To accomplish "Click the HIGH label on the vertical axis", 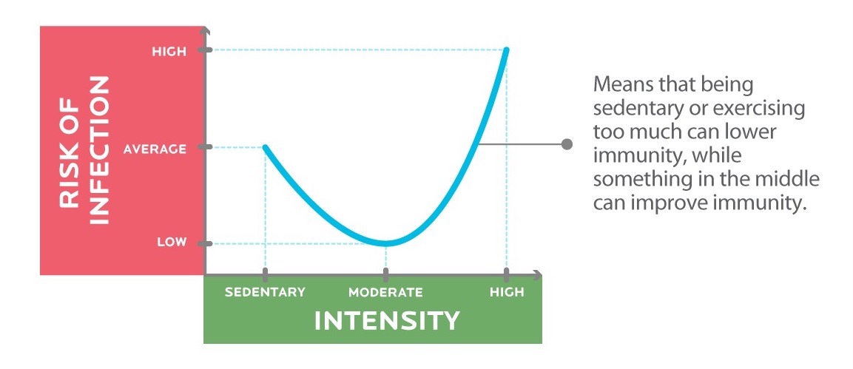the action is coord(169,52).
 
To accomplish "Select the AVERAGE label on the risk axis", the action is coord(155,149).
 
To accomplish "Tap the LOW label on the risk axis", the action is coord(172,243).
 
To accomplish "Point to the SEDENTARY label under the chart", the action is coord(265,292).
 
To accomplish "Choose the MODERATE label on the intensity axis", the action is coord(385,292).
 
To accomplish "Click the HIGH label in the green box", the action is coord(507,292).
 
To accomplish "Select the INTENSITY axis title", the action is coord(387,321).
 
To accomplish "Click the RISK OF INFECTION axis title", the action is coord(85,150).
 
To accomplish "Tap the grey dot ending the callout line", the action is coord(567,144).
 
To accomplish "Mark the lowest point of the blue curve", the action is coord(385,243).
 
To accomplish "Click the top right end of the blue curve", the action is coord(507,50).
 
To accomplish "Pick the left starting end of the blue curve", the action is coord(265,147).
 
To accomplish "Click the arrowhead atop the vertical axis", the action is coord(204,31).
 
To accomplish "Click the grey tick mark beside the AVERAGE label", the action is coord(204,148).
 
